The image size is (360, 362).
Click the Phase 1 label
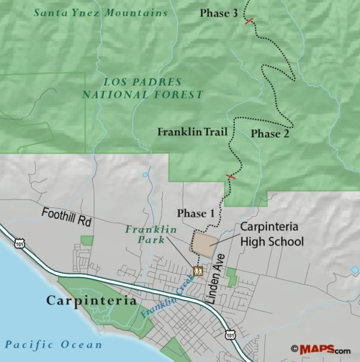pyautogui.click(x=196, y=213)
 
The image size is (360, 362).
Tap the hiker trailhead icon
pyautogui.click(x=197, y=271)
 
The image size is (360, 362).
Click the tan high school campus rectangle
pyautogui.click(x=204, y=243)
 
